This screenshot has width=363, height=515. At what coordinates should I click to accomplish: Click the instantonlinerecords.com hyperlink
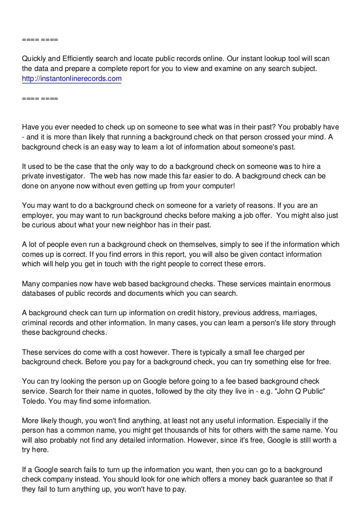pyautogui.click(x=72, y=79)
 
